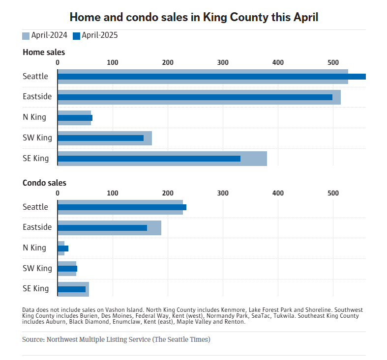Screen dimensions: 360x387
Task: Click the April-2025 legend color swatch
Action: (x=76, y=36)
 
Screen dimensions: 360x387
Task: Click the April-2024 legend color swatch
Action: (x=26, y=36)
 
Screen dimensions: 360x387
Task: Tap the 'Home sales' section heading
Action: (x=44, y=52)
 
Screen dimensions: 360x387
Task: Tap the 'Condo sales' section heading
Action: (x=44, y=183)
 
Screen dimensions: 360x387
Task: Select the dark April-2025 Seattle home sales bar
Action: (x=211, y=77)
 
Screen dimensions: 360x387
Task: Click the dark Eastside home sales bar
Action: (x=195, y=97)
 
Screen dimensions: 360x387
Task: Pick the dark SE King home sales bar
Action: (x=149, y=159)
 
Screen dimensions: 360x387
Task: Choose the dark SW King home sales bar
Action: (x=100, y=138)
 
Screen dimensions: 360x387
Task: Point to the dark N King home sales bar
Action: (x=75, y=118)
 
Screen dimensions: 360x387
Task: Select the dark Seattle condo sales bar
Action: (x=122, y=207)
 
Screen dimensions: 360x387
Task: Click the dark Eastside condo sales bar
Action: (x=102, y=228)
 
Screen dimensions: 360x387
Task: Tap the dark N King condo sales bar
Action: (x=63, y=249)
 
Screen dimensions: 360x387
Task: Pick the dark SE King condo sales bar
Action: (x=71, y=289)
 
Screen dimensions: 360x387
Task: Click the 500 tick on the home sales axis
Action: (x=333, y=62)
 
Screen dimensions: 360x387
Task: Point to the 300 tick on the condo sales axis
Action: (x=223, y=193)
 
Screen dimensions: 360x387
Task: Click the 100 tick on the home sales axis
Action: (x=113, y=62)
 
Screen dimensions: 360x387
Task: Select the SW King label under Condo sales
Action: (x=37, y=269)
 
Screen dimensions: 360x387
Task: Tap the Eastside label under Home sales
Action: (x=37, y=97)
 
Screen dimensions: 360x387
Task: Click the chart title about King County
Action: (x=194, y=17)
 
